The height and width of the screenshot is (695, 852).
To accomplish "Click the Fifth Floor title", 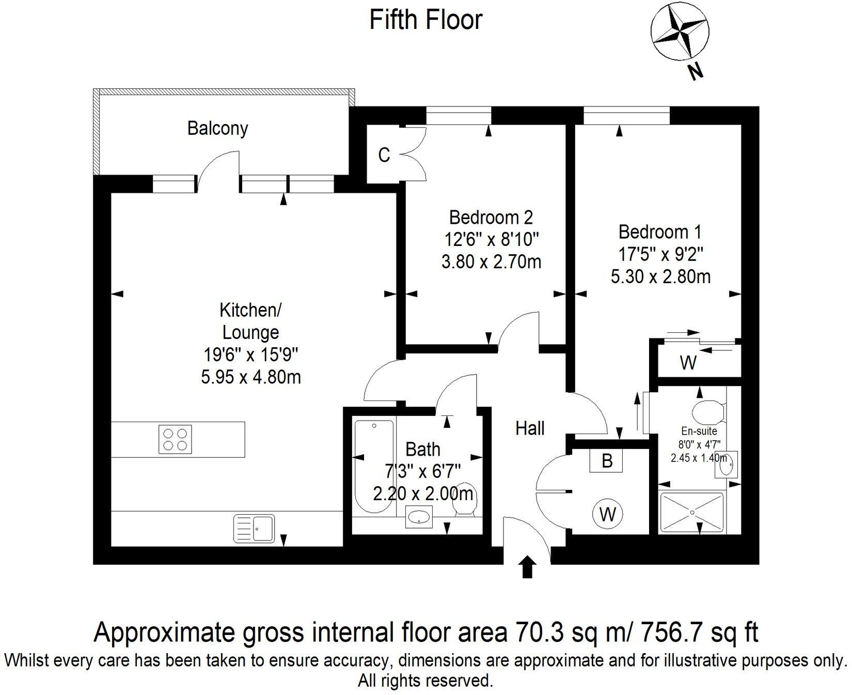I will coord(426,20).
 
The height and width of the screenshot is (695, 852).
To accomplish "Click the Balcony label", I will coord(217,128).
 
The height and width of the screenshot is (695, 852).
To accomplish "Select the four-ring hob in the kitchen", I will coord(175,439).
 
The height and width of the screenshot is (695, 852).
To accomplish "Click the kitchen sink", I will coord(254,528).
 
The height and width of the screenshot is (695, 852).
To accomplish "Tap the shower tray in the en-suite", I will coord(692,512).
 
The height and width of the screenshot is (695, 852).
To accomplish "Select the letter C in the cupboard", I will coord(384,155).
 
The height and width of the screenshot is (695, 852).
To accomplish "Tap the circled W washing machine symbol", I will coord(608,514).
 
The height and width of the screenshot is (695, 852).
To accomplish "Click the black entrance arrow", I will coord(527,567).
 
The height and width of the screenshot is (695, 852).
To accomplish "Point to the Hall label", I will coord(530,428).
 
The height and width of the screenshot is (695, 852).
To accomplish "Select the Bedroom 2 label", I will coord(491,218).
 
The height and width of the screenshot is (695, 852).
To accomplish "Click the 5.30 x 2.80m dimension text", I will coord(660,277).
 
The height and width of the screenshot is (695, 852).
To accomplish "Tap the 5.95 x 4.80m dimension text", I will coord(251,377).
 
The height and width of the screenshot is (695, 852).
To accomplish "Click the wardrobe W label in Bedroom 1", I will coord(688,363).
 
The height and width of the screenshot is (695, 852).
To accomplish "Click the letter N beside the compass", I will coord(696,72).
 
